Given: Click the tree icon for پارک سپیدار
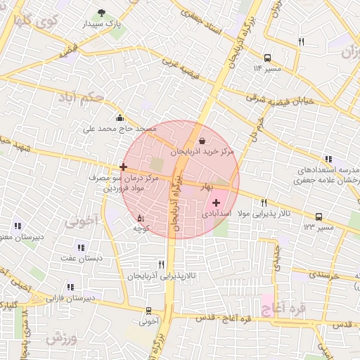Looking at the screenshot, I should tap(102, 13).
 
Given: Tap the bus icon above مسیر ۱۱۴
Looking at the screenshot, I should tap(267, 58).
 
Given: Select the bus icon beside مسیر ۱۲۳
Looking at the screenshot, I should tap(319, 217).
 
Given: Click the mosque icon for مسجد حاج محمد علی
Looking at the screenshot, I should tap(120, 118).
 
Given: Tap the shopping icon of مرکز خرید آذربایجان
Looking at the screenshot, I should tap(202, 141).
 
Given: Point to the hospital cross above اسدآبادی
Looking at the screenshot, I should tap(216, 202).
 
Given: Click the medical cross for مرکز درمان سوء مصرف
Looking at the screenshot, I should tap(124, 167).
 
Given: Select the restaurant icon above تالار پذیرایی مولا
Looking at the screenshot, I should tap(264, 202).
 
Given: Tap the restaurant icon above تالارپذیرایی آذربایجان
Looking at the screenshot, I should tap(162, 265).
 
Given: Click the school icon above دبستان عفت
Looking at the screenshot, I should tap(81, 247).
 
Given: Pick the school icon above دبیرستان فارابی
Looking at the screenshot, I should tap(70, 287).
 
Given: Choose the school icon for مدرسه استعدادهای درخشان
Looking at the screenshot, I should tap(328, 160).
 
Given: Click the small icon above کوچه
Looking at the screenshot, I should tap(140, 217).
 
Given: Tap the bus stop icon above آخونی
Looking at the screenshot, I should tap(148, 310).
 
